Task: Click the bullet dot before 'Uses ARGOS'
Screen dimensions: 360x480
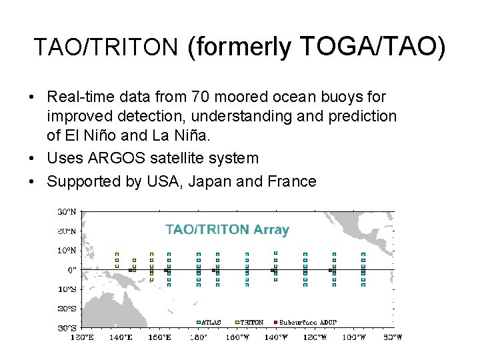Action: pyautogui.click(x=32, y=159)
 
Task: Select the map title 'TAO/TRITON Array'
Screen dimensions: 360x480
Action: pyautogui.click(x=227, y=230)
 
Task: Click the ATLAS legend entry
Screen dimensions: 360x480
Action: pyautogui.click(x=211, y=322)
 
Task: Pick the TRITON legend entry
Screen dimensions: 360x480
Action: pyautogui.click(x=251, y=322)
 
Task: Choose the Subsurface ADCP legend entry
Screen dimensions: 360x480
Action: pyautogui.click(x=307, y=322)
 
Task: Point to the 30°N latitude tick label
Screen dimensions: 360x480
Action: pyautogui.click(x=66, y=212)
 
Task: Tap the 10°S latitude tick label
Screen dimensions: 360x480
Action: pyautogui.click(x=66, y=289)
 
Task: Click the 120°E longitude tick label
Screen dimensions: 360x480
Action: pyautogui.click(x=82, y=337)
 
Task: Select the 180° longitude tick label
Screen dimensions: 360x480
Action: pyautogui.click(x=198, y=337)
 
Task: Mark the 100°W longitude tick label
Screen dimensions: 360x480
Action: pyautogui.click(x=353, y=337)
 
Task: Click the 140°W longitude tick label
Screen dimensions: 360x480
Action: pyautogui.click(x=275, y=337)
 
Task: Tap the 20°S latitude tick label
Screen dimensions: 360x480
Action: pyautogui.click(x=66, y=309)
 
